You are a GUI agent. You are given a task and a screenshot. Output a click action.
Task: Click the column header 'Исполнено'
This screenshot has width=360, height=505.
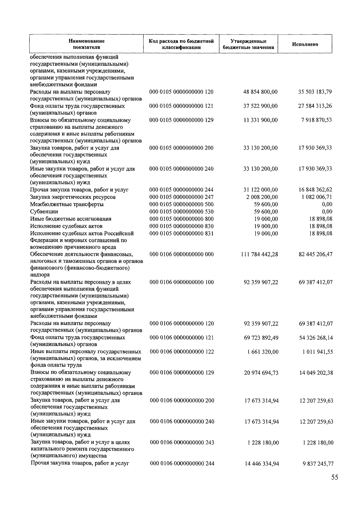click(x=305, y=44)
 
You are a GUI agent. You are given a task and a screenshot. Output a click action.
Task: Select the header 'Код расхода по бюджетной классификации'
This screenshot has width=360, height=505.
click(x=181, y=44)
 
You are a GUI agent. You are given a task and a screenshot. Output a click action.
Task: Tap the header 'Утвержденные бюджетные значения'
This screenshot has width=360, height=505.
click(x=248, y=44)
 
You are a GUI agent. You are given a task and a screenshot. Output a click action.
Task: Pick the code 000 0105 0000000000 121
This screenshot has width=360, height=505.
click(x=181, y=106)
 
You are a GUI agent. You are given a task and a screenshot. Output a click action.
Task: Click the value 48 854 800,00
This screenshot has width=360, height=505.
click(x=260, y=92)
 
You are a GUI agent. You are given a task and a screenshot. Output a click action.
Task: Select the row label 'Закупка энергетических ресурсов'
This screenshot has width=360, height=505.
click(x=73, y=197)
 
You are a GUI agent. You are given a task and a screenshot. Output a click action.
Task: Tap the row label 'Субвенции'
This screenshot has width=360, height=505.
click(x=44, y=212)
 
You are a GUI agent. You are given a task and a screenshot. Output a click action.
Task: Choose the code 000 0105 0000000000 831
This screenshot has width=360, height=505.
click(x=181, y=233)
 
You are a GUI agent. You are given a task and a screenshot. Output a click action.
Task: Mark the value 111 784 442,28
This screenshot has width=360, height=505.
click(x=259, y=254)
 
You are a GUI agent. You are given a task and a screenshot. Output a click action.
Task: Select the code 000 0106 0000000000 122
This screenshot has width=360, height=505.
click(x=182, y=352)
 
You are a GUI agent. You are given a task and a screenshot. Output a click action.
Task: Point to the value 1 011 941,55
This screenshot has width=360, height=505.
click(x=317, y=352)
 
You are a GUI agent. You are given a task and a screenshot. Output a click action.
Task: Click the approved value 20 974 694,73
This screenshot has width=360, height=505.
click(x=261, y=373)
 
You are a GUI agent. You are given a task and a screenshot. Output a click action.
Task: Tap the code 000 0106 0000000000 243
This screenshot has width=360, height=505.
click(x=182, y=443)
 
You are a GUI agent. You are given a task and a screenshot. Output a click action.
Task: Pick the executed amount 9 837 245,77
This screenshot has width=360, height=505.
click(x=318, y=464)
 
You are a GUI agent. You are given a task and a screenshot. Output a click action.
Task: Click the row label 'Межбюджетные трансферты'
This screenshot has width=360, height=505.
click(x=67, y=204)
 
